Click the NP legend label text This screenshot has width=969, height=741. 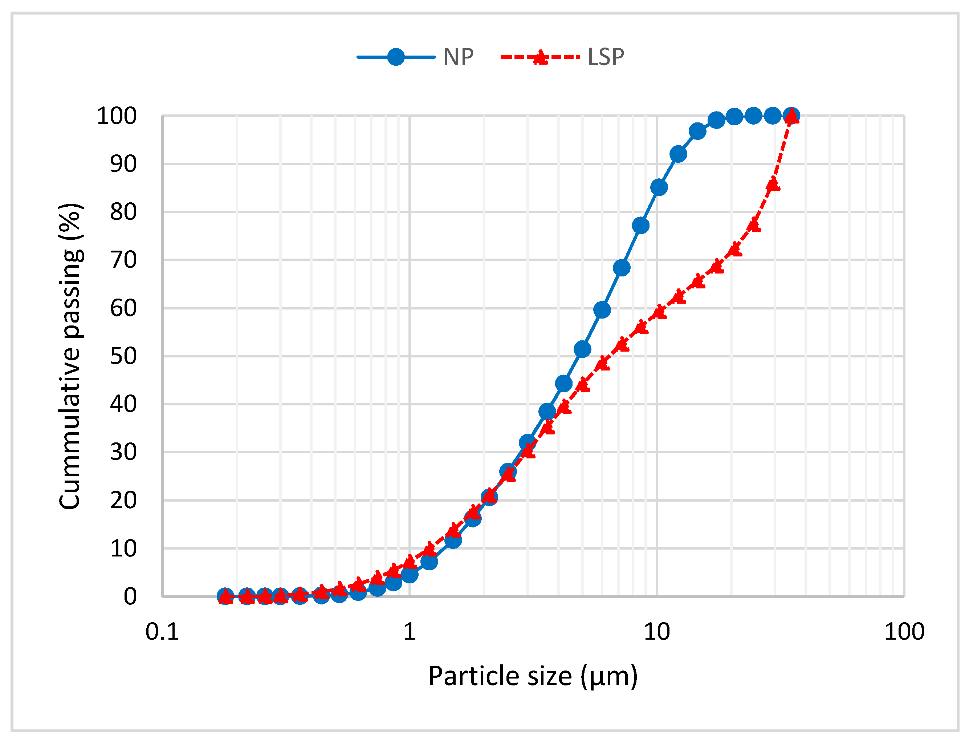(x=458, y=57)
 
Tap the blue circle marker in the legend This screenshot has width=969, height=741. (x=395, y=57)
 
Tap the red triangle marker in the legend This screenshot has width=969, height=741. (x=540, y=57)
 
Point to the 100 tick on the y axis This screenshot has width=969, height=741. (x=117, y=117)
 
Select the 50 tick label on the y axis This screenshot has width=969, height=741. (x=123, y=356)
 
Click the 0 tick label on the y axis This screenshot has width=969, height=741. (x=130, y=597)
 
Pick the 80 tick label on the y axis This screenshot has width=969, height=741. (x=123, y=212)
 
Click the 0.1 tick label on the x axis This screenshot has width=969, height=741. (x=162, y=632)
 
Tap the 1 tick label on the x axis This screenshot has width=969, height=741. (x=410, y=632)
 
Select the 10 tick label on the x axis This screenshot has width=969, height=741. (x=656, y=632)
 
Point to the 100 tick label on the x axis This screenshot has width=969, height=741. (x=904, y=632)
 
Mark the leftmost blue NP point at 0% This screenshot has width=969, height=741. (x=225, y=596)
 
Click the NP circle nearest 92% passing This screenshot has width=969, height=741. (x=678, y=154)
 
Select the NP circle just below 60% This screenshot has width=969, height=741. (x=602, y=310)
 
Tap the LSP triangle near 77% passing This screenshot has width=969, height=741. (x=754, y=225)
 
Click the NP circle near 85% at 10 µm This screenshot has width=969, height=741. (x=659, y=187)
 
